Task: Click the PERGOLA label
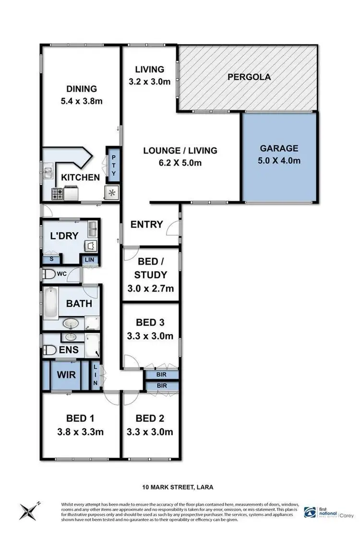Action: [x=249, y=77]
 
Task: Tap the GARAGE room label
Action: [x=279, y=148]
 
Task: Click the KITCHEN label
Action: [x=81, y=178]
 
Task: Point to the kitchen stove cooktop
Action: [x=58, y=193]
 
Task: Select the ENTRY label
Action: [x=147, y=225]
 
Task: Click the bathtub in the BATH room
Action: [x=51, y=302]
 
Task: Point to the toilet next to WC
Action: [x=48, y=275]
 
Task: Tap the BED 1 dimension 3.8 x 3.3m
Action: [x=81, y=432]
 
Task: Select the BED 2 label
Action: [x=151, y=418]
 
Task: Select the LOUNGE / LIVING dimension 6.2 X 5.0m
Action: [x=180, y=163]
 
